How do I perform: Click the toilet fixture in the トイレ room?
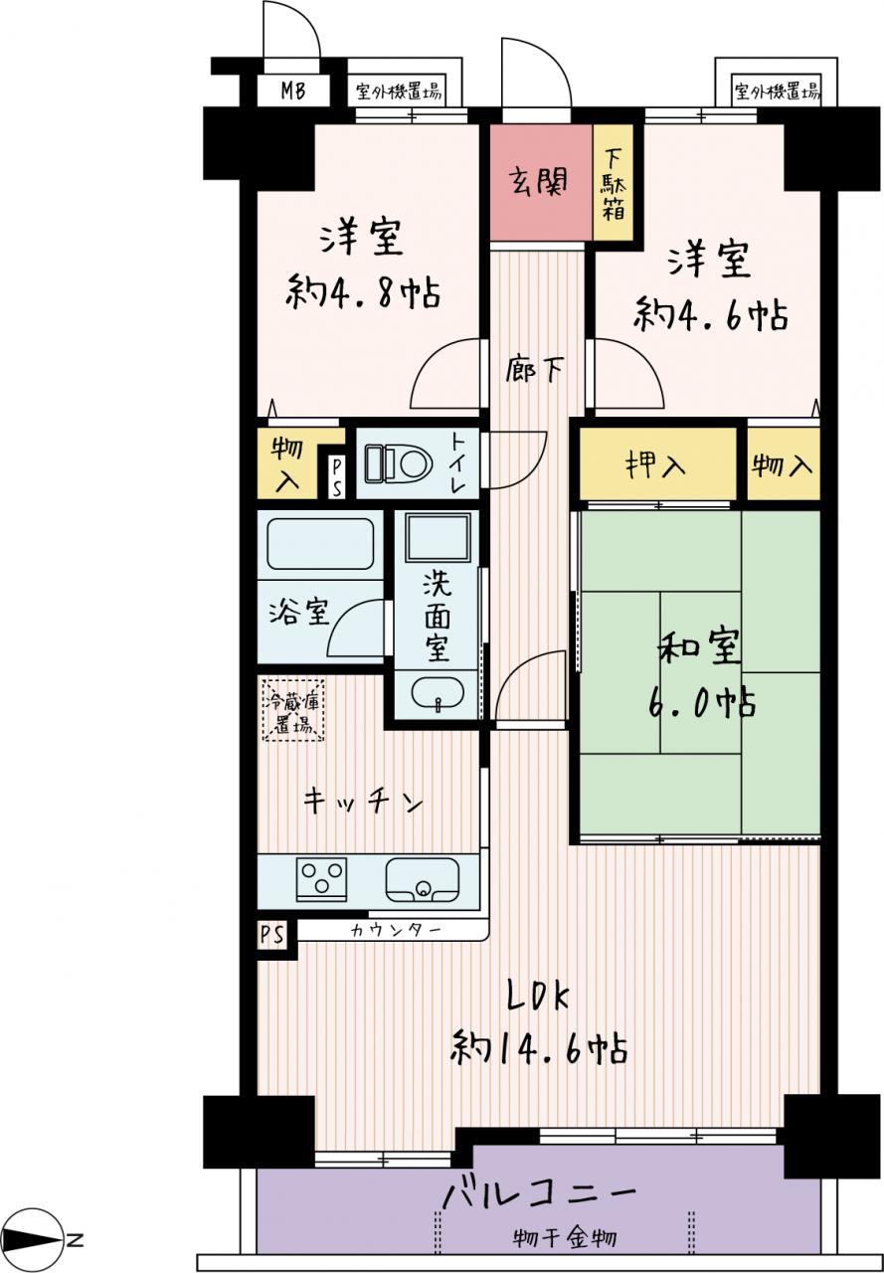click(399, 463)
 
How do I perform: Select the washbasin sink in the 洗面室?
click(438, 693)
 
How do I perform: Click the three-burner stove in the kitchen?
click(321, 878)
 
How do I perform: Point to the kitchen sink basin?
click(423, 878)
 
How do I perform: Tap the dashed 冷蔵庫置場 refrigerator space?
click(293, 710)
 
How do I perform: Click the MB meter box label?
click(293, 91)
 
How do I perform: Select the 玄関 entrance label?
click(537, 182)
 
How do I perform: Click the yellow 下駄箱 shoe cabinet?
click(613, 182)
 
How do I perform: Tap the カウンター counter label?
click(396, 930)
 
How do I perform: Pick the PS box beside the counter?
click(272, 934)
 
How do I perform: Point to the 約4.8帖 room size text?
click(363, 291)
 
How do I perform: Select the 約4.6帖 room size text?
click(711, 313)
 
